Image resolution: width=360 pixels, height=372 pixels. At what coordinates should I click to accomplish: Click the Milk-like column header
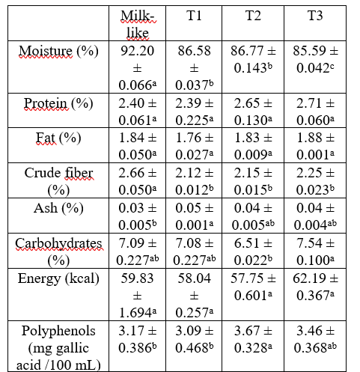[138, 24]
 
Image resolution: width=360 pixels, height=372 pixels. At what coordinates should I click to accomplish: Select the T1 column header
[194, 16]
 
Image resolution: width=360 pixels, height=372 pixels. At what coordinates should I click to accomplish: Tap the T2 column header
[253, 16]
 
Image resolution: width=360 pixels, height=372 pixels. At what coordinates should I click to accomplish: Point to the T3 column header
[315, 16]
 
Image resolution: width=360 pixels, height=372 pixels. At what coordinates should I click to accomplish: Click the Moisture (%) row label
[58, 51]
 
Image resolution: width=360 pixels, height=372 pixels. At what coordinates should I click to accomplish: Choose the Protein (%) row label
[58, 103]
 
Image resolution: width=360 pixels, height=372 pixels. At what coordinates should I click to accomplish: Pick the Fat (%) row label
[58, 138]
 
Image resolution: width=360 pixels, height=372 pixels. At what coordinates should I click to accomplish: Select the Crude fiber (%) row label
[58, 181]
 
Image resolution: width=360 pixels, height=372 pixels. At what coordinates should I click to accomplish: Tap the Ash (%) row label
[58, 208]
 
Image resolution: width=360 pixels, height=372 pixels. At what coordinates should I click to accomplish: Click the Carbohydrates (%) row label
[58, 251]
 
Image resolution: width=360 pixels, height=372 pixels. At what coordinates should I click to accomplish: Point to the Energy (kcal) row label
[58, 278]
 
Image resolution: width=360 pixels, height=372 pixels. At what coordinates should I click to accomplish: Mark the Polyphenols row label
[58, 348]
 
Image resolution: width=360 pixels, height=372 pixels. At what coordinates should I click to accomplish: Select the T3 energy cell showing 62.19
[315, 287]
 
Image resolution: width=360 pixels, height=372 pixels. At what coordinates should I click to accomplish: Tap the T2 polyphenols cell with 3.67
[253, 339]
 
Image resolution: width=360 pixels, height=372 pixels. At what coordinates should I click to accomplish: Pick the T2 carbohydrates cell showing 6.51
[253, 251]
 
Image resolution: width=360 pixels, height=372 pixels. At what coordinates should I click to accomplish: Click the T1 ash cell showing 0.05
[194, 216]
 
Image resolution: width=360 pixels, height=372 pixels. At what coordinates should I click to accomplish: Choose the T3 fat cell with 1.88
[315, 146]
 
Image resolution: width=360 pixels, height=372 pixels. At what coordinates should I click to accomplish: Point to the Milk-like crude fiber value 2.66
[138, 181]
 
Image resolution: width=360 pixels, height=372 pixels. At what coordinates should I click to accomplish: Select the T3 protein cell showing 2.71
[315, 112]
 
